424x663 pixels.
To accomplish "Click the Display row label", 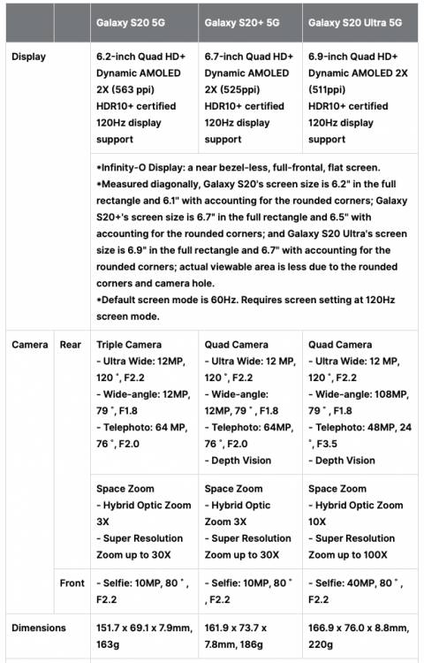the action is (x=28, y=57).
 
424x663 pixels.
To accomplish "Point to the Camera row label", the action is (x=30, y=344).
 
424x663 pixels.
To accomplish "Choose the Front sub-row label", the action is (x=72, y=583).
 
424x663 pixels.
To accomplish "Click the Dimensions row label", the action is (x=39, y=628).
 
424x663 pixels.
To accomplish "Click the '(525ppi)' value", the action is (x=245, y=89).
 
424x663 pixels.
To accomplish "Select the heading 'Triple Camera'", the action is (x=129, y=345).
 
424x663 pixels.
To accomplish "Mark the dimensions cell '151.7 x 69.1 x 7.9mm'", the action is (x=145, y=628).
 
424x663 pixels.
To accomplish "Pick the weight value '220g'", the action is (x=322, y=644).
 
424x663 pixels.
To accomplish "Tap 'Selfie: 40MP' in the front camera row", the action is (x=345, y=583).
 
